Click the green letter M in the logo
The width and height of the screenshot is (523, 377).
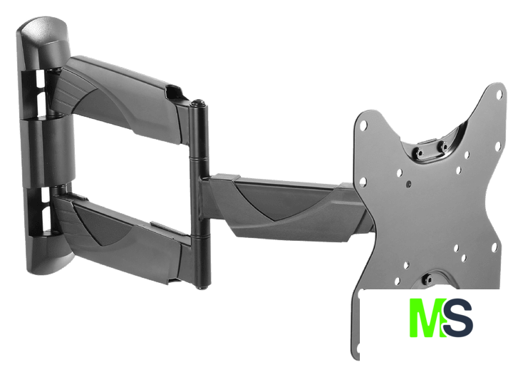coord(428,318)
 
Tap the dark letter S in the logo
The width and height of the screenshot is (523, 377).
coord(458,318)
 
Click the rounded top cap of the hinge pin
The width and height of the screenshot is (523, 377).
coord(199,103)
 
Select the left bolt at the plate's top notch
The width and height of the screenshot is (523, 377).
coord(419,152)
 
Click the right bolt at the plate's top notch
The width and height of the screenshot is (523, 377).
coord(443,145)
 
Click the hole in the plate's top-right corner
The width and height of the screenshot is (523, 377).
coord(499,94)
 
